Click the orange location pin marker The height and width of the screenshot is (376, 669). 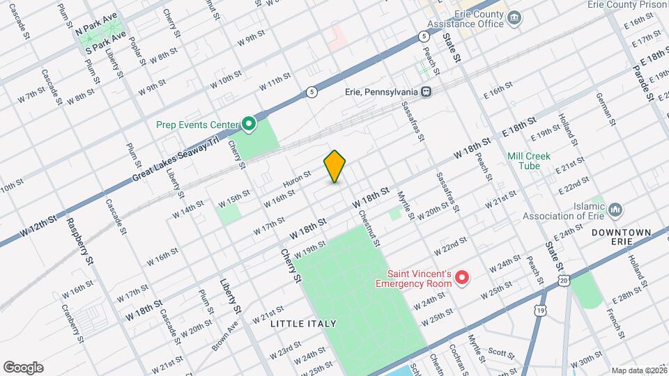coord(334,166)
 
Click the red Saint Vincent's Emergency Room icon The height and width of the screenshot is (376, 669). coord(461,279)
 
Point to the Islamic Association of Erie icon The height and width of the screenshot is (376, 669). coord(615,210)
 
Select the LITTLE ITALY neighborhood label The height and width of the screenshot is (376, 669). coord(304,324)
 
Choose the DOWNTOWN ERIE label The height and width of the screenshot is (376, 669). coord(621,237)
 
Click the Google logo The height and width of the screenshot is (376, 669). coord(23,368)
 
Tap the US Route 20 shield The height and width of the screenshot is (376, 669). coord(563,280)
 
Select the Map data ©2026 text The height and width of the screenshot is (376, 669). coord(638,370)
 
